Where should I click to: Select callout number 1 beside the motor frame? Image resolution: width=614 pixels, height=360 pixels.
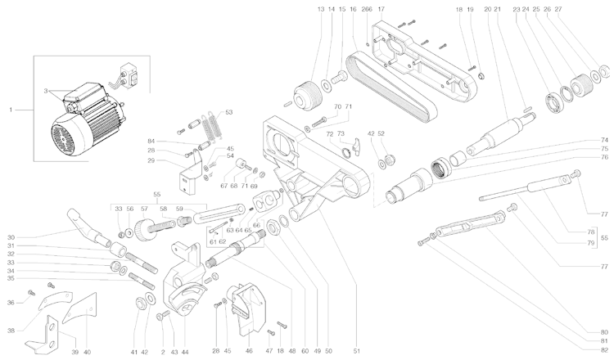11,108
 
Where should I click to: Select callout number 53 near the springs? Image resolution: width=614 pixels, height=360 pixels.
228,111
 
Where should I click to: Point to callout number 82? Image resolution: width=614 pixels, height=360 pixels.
604,351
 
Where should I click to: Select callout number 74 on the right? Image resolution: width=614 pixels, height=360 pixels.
604,140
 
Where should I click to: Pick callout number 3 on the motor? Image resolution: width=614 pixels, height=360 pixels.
47,92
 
